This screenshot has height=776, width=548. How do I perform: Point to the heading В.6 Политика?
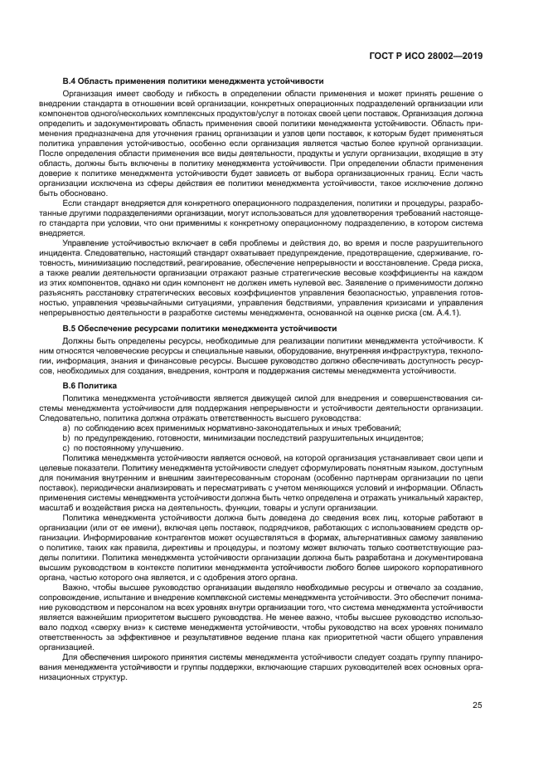90,385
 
